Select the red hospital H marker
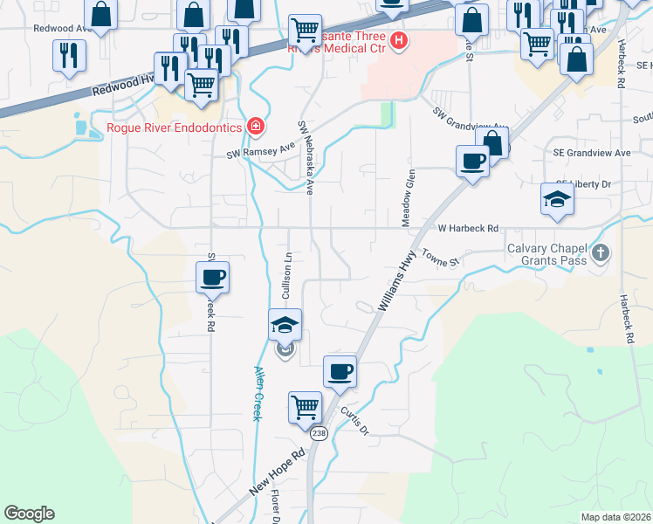(x=399, y=40)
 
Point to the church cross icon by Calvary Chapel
(x=599, y=253)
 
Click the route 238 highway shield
(x=318, y=434)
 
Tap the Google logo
(x=29, y=514)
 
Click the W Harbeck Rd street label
(x=468, y=228)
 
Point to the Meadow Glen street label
(x=407, y=199)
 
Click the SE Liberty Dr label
(x=594, y=184)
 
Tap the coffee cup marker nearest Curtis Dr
(x=340, y=371)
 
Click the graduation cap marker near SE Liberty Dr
(x=557, y=199)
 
